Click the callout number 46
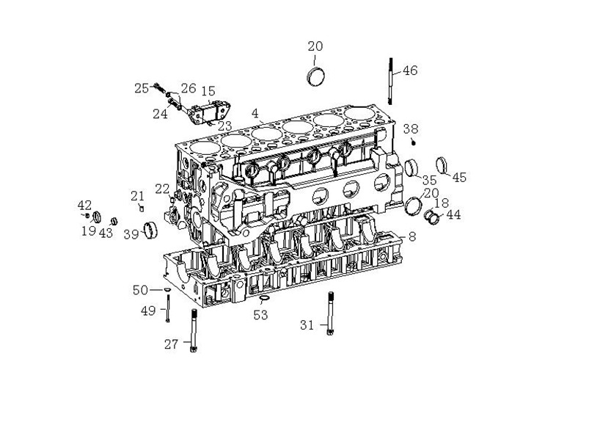[409, 71]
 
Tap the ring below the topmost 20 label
[315, 76]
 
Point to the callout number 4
[255, 114]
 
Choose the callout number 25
[142, 89]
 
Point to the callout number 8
[411, 236]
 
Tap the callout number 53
[260, 315]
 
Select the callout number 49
[148, 311]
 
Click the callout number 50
[140, 290]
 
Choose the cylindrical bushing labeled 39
[152, 230]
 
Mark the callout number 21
[137, 195]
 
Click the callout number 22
[162, 189]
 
